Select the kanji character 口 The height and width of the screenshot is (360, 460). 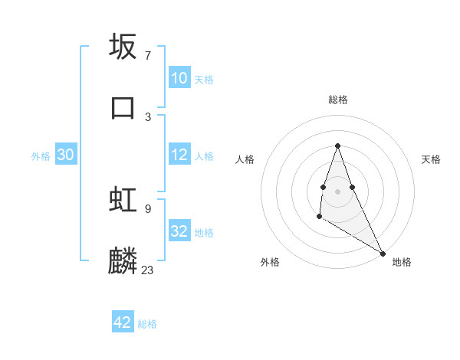point(123,107)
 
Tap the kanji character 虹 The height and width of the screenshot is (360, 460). point(123,199)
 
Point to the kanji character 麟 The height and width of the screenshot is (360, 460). point(123,260)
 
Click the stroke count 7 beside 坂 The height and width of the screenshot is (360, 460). point(147,56)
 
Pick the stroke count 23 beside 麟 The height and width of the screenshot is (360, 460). point(147,270)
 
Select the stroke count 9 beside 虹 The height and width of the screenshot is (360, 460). point(147,208)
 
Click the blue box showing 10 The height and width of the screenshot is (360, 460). point(179,78)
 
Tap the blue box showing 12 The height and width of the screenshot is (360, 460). point(179,155)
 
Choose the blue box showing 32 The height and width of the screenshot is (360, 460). point(179,231)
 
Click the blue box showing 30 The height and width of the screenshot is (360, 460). point(66,155)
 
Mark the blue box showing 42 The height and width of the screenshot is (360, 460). point(123,322)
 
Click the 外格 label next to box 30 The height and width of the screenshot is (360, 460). point(41,156)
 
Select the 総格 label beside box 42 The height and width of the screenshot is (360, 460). point(147,324)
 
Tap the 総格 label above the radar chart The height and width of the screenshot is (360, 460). point(337,100)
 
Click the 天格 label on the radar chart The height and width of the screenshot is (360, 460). point(432,159)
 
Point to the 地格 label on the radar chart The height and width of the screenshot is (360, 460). point(402,262)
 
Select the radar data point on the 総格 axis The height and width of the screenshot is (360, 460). point(337,146)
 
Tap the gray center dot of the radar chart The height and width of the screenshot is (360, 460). point(337,190)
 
